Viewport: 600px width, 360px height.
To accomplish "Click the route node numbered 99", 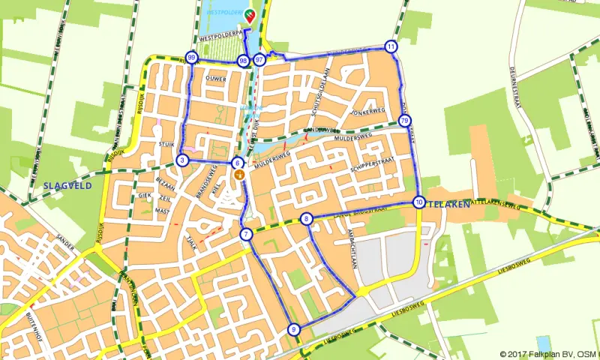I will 192,58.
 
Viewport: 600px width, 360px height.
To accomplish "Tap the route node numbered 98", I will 243,61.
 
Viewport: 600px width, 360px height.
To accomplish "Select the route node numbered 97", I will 259,60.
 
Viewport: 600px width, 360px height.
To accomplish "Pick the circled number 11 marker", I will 391,46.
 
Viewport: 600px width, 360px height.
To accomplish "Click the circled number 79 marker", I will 404,121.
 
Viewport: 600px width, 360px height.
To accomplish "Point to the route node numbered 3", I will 182,160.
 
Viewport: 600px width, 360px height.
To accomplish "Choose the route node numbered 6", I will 237,163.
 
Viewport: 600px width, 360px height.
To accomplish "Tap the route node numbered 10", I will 418,202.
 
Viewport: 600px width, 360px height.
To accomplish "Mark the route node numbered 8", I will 306,219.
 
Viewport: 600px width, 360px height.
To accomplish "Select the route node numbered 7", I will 246,235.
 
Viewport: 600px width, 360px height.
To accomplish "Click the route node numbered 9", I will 293,329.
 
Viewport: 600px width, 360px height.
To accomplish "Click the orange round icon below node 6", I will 239,175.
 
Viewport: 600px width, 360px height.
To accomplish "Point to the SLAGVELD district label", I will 67,184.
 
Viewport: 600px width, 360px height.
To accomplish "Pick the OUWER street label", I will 215,79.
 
